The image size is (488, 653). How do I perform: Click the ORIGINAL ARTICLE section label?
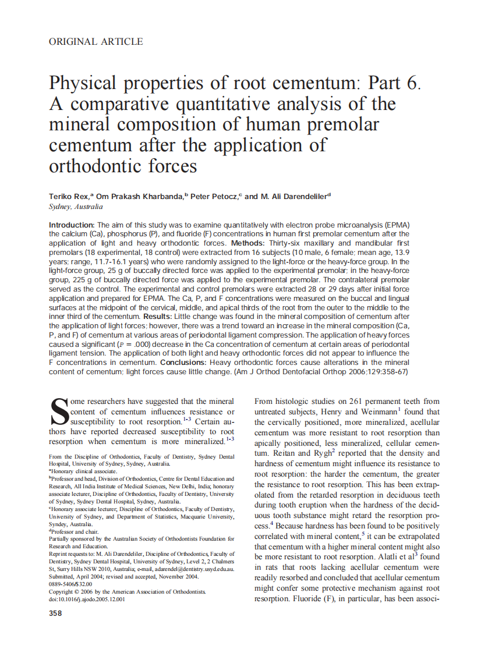coord(96,41)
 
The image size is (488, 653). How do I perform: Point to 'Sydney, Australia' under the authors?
coord(76,207)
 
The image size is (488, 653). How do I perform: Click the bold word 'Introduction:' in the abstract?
coord(72,225)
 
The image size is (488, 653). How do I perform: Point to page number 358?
coord(56,613)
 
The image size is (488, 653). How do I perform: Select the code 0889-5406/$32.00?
coord(70,584)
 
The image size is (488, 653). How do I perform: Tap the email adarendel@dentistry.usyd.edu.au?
coord(193,569)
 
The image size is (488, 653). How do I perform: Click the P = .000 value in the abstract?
coord(139,345)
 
